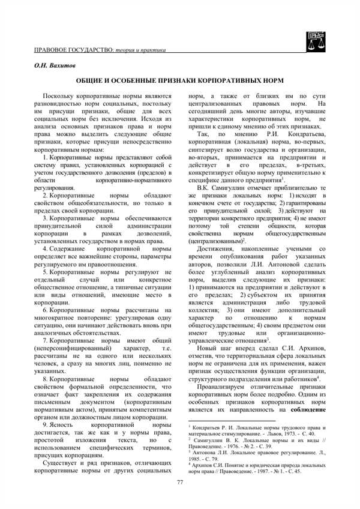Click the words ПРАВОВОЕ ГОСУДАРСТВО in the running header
(71, 47)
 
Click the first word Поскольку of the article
(62, 97)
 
